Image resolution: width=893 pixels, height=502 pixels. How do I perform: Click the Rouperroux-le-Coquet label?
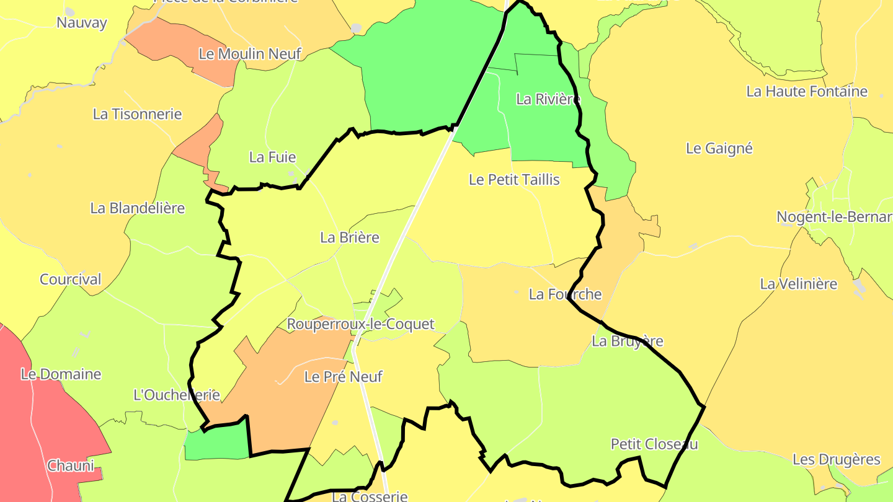point(360,324)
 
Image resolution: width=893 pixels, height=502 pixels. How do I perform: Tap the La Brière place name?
point(349,237)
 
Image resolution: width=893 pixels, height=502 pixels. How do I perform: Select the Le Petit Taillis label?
point(514,180)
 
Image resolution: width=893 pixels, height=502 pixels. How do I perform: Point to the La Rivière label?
point(548,99)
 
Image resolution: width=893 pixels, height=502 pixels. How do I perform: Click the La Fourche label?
point(565,294)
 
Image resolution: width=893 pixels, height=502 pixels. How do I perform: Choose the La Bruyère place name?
point(627,341)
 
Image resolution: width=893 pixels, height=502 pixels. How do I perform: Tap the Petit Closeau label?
point(654,444)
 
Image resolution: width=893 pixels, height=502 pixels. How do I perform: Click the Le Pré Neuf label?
point(343,377)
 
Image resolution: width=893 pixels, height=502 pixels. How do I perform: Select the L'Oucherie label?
point(177,395)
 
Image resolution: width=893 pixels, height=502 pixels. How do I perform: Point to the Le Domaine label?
point(61,374)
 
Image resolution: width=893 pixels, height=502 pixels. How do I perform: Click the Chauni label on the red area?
point(71,465)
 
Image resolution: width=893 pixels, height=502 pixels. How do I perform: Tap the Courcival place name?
point(70,280)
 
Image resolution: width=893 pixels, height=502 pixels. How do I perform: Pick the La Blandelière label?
point(138,208)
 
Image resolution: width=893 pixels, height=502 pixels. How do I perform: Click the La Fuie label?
point(272,157)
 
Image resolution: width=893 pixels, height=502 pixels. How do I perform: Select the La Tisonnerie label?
point(137,114)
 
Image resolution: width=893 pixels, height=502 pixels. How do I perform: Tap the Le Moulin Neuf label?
point(249,54)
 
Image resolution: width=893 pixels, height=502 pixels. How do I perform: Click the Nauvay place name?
point(81,23)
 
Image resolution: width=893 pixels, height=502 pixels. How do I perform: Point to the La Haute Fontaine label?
point(806,92)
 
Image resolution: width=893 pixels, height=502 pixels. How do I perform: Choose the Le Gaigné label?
point(719,149)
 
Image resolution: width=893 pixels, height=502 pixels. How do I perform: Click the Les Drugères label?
point(836,460)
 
